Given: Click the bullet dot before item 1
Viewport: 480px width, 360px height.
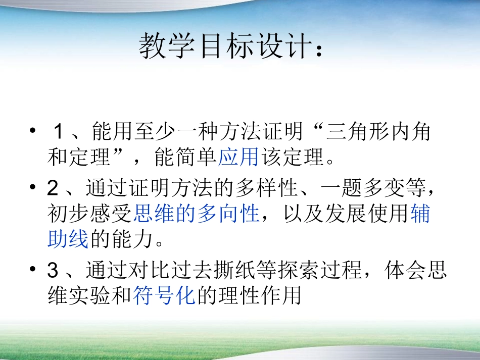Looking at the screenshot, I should point(33,131).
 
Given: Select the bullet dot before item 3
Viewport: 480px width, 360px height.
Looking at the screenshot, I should point(33,270).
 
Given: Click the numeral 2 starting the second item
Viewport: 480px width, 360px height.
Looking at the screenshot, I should point(53,188).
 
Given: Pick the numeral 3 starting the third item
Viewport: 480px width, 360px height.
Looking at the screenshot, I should point(53,271).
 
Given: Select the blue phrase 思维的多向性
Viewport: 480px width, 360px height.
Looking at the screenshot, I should point(196,214).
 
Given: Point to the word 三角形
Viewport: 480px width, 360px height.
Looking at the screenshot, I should point(358,132).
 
